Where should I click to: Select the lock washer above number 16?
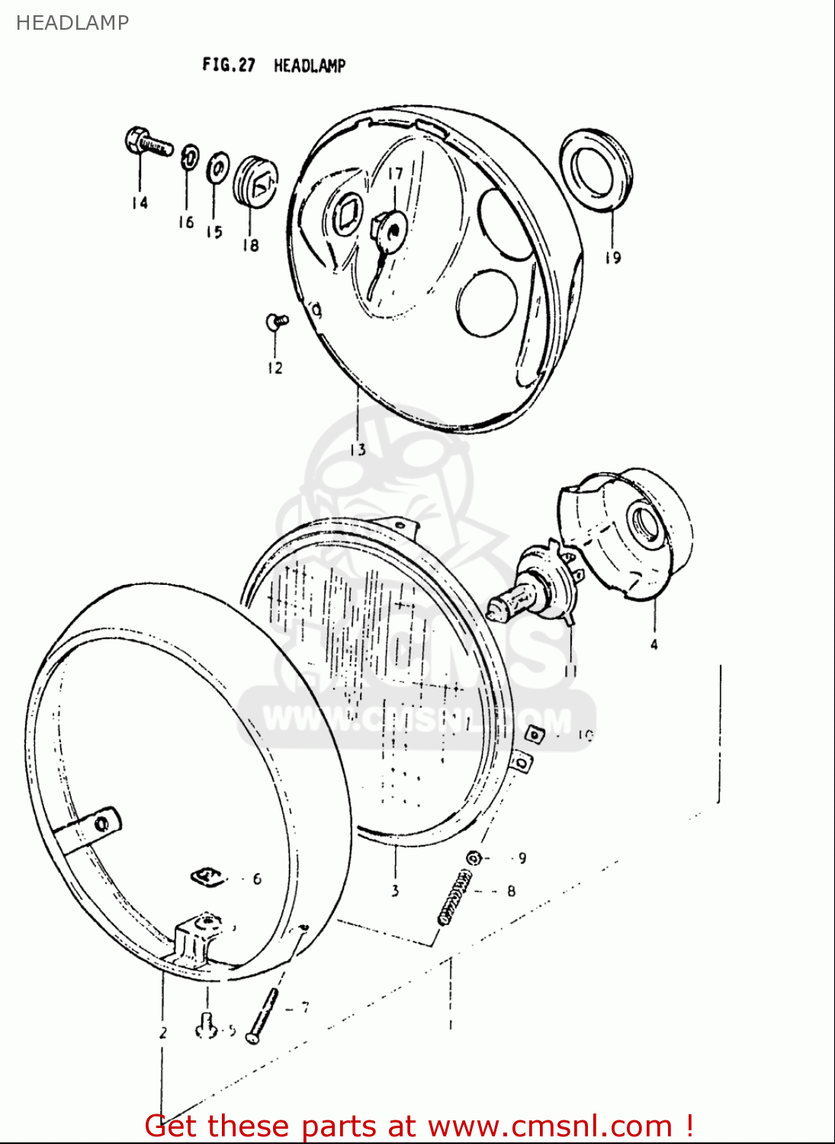pos(188,158)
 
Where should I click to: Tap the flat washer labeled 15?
pos(218,166)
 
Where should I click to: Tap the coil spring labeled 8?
pos(454,898)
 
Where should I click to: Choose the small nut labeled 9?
pos(474,857)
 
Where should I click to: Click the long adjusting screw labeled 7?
pos(263,1014)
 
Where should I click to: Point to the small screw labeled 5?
pos(206,1028)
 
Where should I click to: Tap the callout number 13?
pos(358,450)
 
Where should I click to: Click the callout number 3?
pos(395,890)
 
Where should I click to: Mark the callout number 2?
pos(163,1033)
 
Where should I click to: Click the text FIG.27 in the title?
pos(228,65)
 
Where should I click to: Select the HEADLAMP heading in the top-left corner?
pos(72,23)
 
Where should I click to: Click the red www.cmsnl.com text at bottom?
pos(549,1126)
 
